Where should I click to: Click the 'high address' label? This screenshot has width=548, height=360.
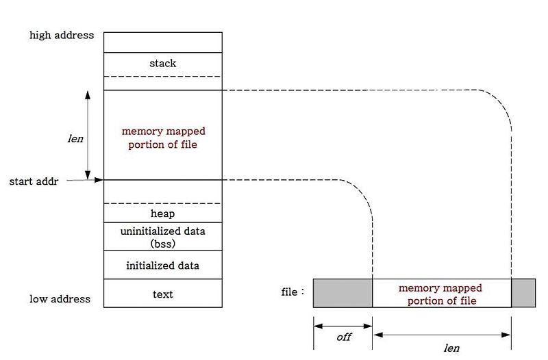click(x=62, y=35)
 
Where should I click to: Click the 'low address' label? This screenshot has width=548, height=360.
click(x=60, y=299)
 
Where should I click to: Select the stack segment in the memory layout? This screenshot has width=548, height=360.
click(x=162, y=64)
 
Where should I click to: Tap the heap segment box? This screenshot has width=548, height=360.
click(x=162, y=214)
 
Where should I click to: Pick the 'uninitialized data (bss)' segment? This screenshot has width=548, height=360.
click(x=162, y=237)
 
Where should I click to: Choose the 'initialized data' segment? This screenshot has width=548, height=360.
click(x=162, y=265)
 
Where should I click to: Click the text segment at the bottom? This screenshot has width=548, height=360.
click(x=162, y=294)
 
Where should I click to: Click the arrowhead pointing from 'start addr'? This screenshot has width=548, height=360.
click(x=99, y=180)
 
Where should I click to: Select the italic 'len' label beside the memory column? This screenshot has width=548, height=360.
click(x=75, y=138)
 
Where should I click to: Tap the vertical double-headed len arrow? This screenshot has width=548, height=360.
click(x=88, y=134)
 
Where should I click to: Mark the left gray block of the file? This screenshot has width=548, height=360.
click(x=342, y=293)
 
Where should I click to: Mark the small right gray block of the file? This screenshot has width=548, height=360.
click(x=523, y=293)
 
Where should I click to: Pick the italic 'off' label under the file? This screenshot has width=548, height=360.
click(x=343, y=337)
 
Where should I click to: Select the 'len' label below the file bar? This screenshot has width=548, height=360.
click(x=451, y=348)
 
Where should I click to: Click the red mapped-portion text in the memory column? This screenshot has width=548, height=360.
click(x=163, y=138)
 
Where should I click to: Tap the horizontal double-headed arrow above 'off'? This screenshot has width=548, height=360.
click(x=342, y=326)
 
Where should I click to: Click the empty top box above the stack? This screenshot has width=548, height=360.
click(x=162, y=42)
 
